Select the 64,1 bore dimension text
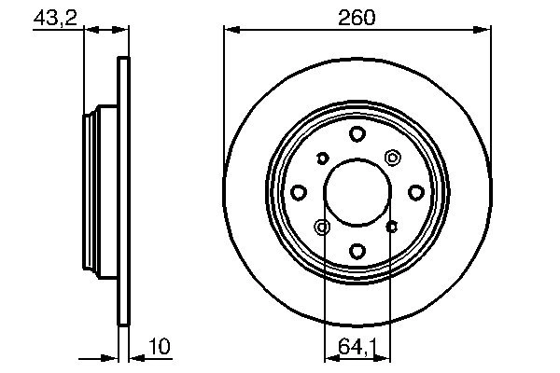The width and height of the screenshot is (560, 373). click(357, 348)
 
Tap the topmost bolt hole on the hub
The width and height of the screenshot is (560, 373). click(357, 135)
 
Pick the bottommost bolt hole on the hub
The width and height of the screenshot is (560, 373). click(357, 250)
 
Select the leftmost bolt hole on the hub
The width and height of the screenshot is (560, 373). click(299, 192)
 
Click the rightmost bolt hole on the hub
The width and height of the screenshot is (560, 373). click(414, 192)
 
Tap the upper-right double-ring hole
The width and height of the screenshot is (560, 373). click(391, 158)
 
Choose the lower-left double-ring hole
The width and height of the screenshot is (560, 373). click(323, 227)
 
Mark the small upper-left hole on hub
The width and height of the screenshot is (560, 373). click(322, 158)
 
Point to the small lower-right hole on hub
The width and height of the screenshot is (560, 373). click(391, 226)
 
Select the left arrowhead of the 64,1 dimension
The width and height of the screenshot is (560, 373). click(329, 356)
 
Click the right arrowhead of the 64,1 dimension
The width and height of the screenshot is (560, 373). click(385, 356)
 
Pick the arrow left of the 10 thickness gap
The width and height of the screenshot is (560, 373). click(109, 356)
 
